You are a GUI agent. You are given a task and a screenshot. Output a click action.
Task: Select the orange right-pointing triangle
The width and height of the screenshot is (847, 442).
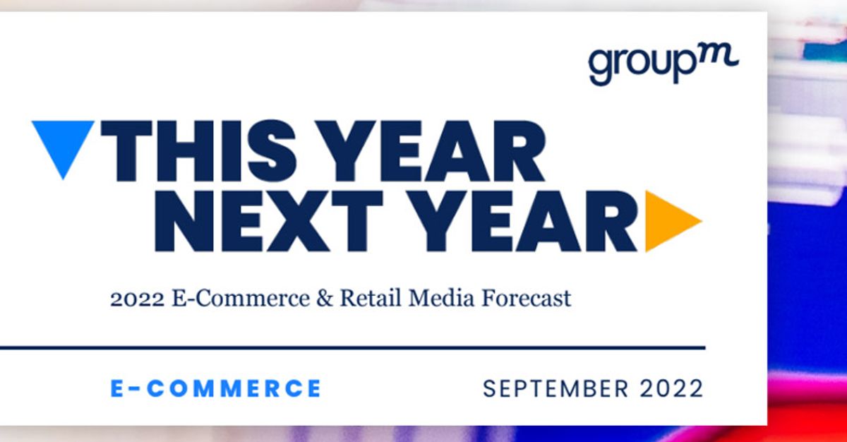[669, 221]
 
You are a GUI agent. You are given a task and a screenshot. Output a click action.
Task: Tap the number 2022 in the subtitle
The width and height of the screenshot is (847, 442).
[136, 299]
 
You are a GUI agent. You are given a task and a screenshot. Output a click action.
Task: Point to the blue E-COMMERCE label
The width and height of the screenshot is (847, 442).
[215, 388]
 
